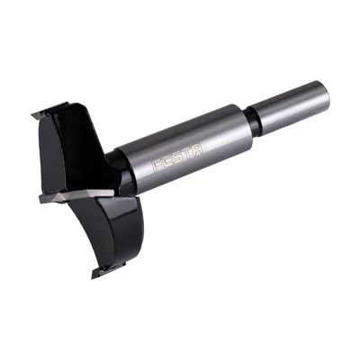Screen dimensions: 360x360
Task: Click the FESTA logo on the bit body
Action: click(x=177, y=157)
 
